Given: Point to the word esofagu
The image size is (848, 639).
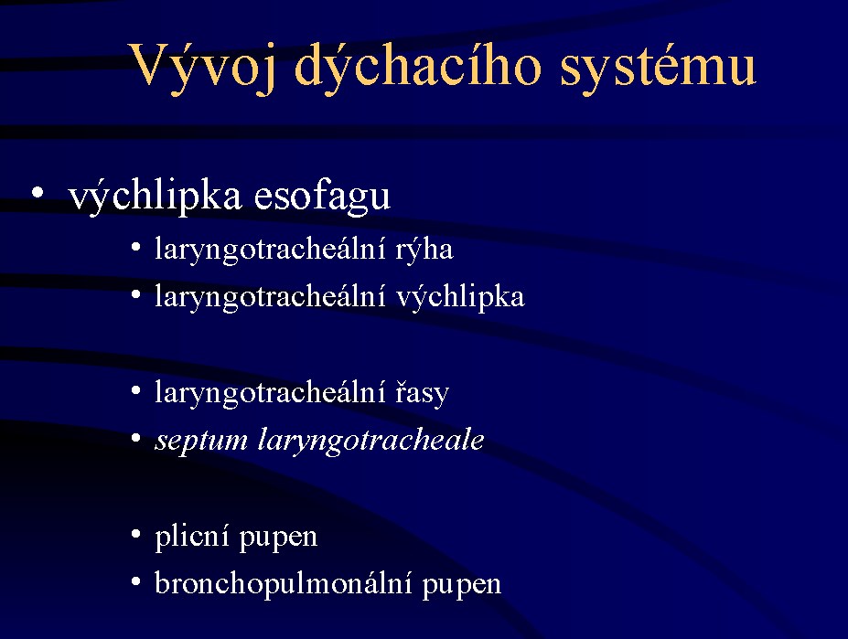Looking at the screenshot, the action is [322, 195].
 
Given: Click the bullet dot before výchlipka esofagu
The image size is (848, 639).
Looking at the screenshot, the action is [37, 192].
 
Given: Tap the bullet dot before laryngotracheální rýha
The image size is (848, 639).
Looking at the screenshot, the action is [135, 248].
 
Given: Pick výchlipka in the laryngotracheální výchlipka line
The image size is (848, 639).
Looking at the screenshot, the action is [460, 297].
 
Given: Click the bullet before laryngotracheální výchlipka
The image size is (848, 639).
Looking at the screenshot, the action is [135, 295].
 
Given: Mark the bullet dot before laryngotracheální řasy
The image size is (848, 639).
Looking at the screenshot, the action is [135, 391].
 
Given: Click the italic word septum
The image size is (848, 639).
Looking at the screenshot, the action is [201, 441].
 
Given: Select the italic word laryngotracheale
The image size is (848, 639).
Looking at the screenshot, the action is [371, 440].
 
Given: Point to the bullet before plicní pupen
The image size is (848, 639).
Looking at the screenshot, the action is [135, 535].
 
